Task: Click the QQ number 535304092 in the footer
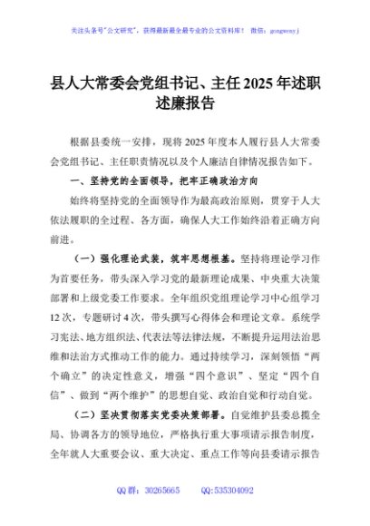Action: click(x=233, y=490)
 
